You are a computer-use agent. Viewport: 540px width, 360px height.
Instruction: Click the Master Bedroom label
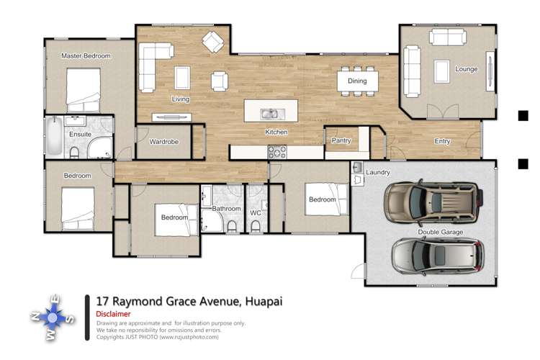pos(86,55)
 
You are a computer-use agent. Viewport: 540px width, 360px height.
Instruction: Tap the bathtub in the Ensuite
pos(55,137)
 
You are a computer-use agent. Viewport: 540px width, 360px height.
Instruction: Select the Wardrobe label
pos(163,142)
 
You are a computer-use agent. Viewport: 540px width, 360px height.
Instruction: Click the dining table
pos(357,81)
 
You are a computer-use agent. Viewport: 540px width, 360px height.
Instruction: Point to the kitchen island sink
pos(270,114)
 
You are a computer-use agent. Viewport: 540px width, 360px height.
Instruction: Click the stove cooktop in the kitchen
pos(276,152)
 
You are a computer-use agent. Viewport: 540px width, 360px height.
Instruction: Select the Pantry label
pos(341,141)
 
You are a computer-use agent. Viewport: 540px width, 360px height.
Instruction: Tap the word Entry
pos(442,141)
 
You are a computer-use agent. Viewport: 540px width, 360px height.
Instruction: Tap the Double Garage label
pos(441,232)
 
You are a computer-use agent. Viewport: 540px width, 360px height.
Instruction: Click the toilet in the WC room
pos(256,226)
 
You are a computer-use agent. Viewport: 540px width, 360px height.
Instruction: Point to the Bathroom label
pos(226,209)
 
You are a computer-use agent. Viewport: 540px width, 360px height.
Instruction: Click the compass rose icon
pos(54,317)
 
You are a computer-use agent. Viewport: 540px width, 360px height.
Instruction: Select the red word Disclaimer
pos(113,315)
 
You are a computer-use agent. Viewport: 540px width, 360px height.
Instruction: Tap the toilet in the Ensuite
pos(74,150)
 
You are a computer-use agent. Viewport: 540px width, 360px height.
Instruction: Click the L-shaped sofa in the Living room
pos(151,65)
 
